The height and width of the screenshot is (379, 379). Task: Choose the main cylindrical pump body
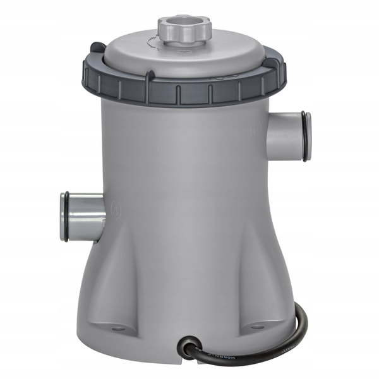click(189, 189)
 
